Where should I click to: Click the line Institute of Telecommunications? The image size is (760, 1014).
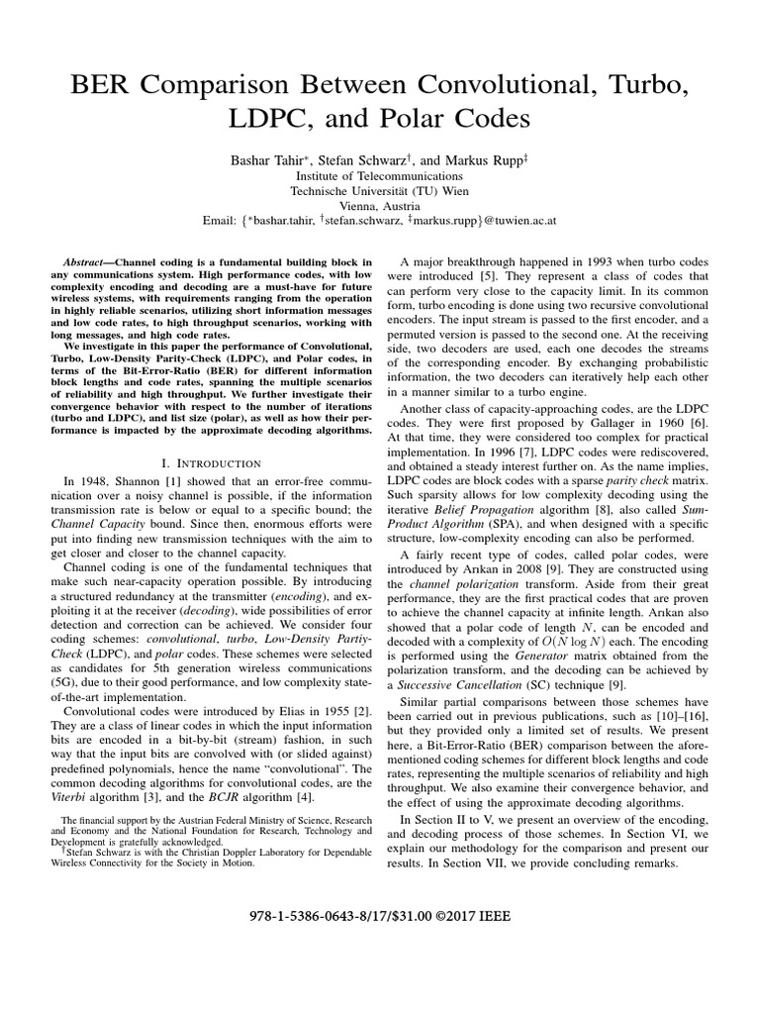380,175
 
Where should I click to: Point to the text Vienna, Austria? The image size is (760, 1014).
380,207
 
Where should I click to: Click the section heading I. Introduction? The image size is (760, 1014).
210,462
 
